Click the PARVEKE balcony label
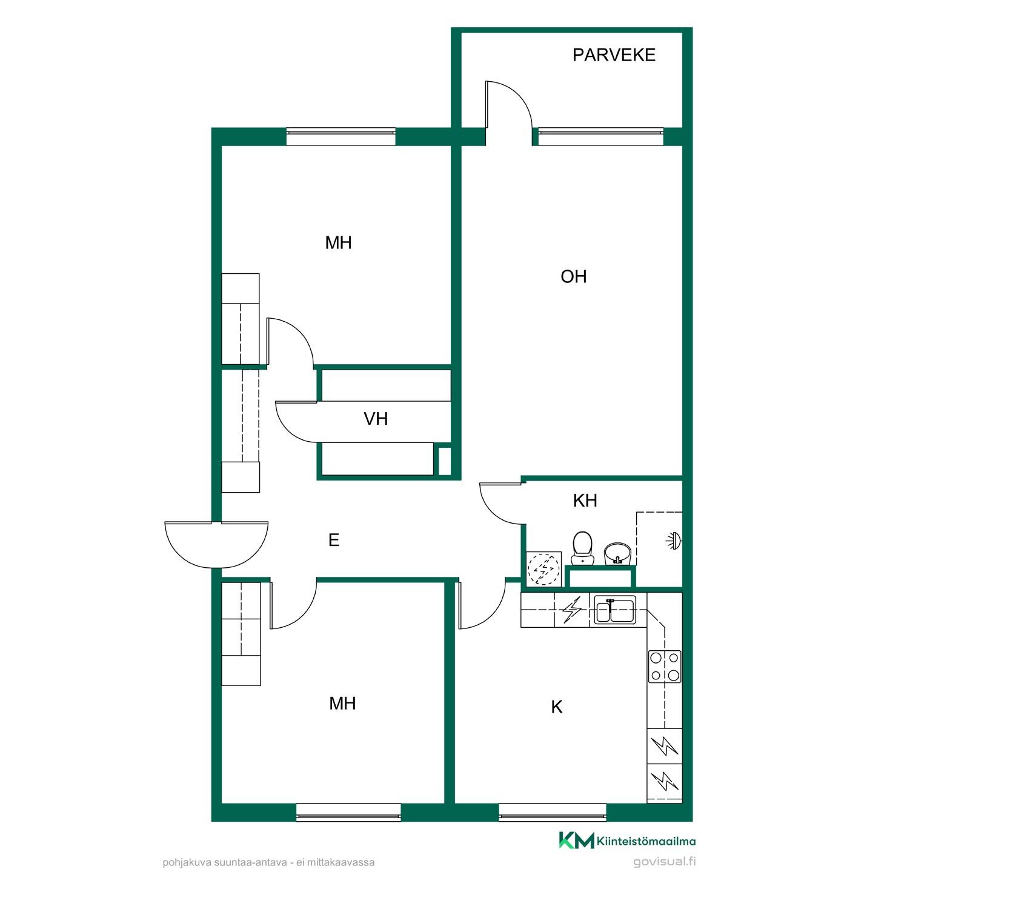pos(614,55)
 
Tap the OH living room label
pos(573,277)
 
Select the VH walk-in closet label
pos(376,419)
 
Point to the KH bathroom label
pos(585,501)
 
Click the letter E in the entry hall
pos(333,540)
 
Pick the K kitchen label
pos(557,707)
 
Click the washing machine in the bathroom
pos(543,569)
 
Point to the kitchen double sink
pos(614,610)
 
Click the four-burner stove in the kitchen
pos(665,666)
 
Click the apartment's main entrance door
pos(216,544)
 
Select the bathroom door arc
pos(501,503)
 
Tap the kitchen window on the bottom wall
pos(553,812)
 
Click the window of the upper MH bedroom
pos(341,136)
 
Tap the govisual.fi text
pos(664,862)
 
